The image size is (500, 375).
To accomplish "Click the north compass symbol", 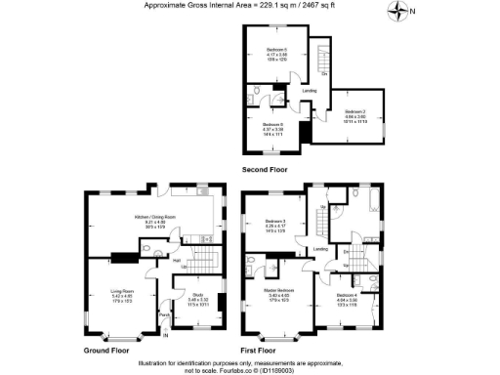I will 399,12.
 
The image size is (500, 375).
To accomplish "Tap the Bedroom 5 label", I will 279,50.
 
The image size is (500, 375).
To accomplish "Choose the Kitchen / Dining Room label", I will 155,216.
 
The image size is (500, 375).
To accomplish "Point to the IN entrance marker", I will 165,337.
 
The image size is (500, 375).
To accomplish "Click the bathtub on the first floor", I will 375,200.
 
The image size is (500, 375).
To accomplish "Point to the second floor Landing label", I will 310,91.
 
